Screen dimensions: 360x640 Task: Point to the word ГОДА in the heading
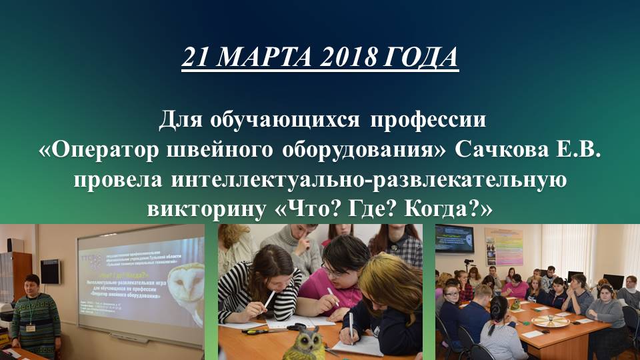point(421,58)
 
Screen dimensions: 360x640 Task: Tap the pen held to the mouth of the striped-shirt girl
point(269,298)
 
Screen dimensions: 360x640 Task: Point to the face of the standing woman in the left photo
point(31,285)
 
